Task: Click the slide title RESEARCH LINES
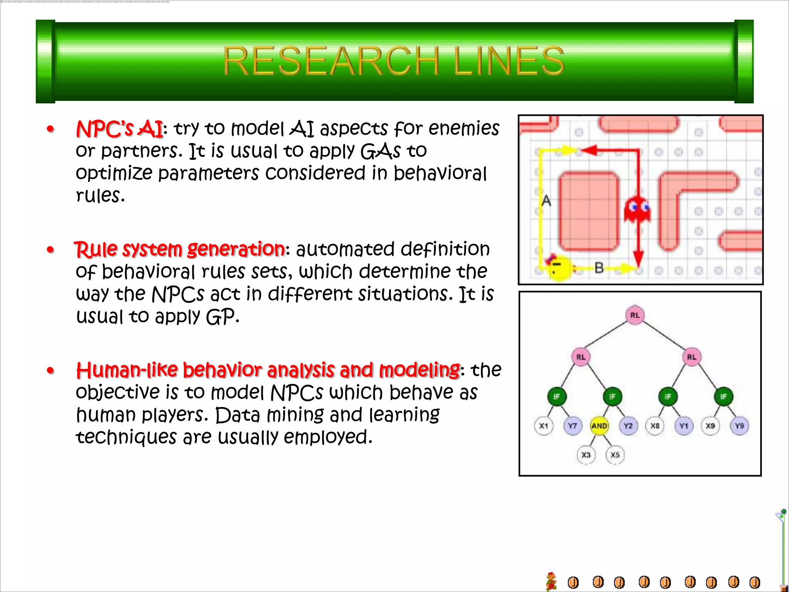[394, 61]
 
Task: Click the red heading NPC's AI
[120, 129]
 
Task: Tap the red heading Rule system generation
[180, 249]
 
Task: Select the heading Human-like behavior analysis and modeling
[268, 370]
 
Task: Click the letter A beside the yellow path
[546, 201]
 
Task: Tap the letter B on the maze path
[599, 267]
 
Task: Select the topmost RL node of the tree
[635, 315]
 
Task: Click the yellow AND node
[599, 426]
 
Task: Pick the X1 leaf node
[544, 426]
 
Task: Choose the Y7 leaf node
[572, 426]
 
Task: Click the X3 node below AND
[586, 455]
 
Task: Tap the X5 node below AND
[615, 455]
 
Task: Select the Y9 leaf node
[739, 426]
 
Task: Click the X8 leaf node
[655, 426]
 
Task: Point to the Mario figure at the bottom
[552, 581]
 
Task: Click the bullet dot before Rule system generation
[50, 250]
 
